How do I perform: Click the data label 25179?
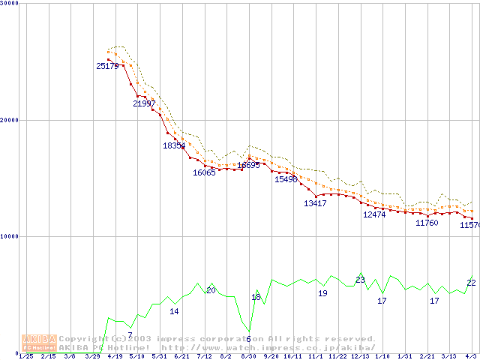tap(108, 66)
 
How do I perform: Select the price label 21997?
tap(145, 103)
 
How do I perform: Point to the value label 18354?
tap(174, 145)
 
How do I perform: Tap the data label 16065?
tap(204, 172)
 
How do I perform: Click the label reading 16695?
tap(248, 165)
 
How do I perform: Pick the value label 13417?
tap(315, 203)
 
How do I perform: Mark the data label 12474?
tap(374, 214)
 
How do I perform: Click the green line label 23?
tap(360, 280)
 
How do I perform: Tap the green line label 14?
tap(174, 311)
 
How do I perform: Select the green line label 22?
tap(471, 282)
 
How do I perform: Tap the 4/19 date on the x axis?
tap(115, 356)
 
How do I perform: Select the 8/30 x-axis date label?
tap(248, 356)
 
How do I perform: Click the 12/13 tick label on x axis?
tap(360, 356)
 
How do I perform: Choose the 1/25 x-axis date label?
tap(25, 356)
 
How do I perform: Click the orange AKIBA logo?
tap(40, 342)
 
